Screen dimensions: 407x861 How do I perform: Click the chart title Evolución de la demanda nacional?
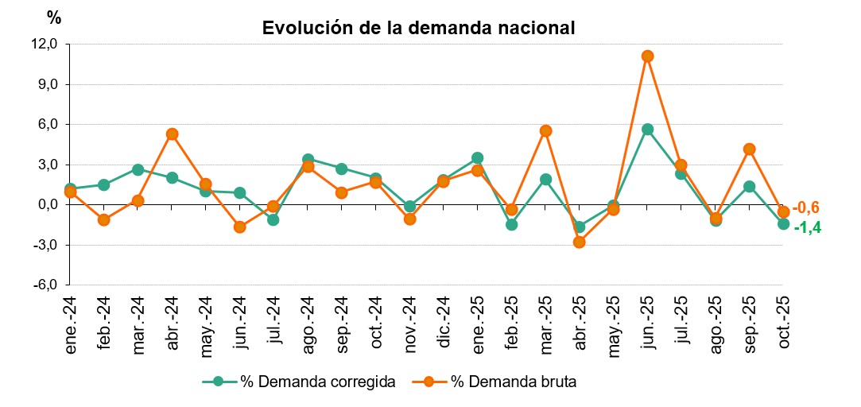click(x=418, y=28)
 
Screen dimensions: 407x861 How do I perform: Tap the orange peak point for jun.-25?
click(x=647, y=56)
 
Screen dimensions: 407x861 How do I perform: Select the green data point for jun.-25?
click(x=647, y=129)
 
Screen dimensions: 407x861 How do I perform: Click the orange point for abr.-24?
click(x=172, y=134)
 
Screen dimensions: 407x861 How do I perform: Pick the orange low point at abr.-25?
click(x=580, y=242)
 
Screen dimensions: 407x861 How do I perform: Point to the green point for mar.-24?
click(x=138, y=169)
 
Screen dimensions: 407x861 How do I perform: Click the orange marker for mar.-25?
click(x=545, y=130)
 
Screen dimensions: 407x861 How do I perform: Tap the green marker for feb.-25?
click(x=511, y=224)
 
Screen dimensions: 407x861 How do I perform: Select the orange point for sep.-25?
click(x=749, y=149)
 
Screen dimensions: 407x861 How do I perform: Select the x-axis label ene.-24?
click(x=70, y=318)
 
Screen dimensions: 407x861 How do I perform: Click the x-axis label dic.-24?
click(x=444, y=318)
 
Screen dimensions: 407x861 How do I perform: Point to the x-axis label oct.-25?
click(x=783, y=318)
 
